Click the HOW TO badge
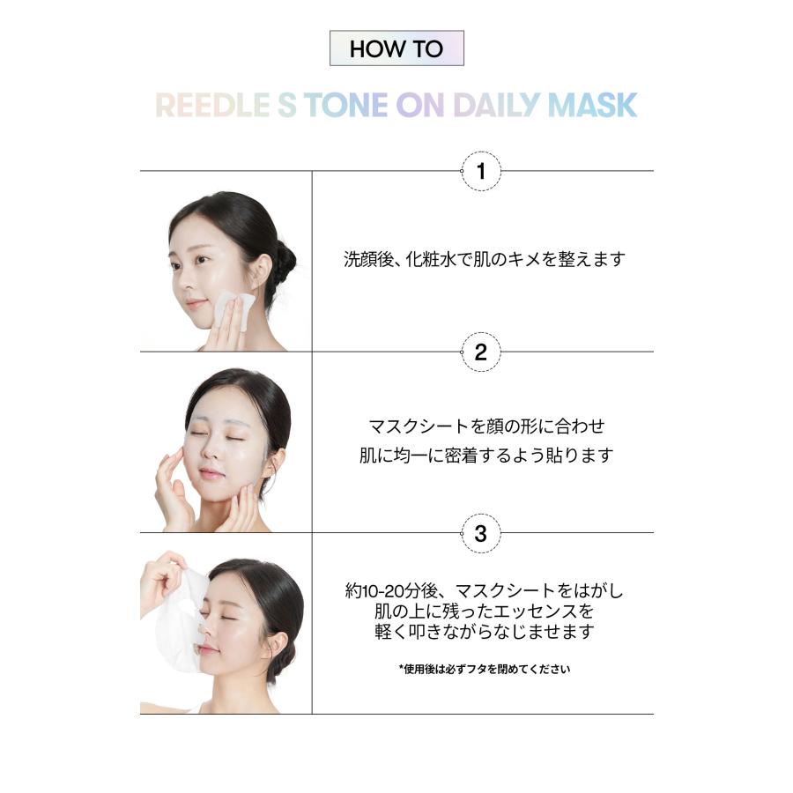click(x=396, y=48)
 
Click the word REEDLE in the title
click(x=212, y=105)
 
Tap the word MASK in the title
click(x=592, y=105)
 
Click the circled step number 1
click(x=481, y=172)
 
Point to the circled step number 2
click(x=481, y=352)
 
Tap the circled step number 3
click(x=481, y=533)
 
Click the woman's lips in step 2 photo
click(x=211, y=474)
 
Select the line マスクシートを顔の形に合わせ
click(x=486, y=426)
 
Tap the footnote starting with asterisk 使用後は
click(x=485, y=669)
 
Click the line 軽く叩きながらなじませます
click(x=485, y=631)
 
